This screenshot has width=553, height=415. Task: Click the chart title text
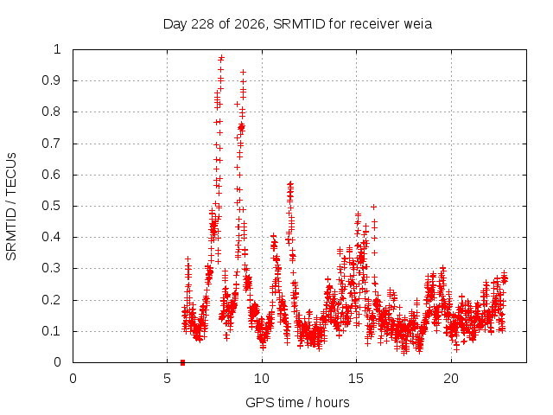click(297, 24)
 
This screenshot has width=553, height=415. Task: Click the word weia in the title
click(417, 24)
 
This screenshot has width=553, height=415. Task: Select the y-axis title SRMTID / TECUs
click(11, 206)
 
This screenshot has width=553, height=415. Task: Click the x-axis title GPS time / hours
click(297, 402)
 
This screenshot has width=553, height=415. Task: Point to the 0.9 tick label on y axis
click(52, 80)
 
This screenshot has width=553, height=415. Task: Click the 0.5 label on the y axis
click(52, 206)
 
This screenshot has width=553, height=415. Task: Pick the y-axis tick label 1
click(57, 49)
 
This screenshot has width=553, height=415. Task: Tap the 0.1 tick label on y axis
click(52, 331)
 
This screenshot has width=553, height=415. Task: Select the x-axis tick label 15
click(356, 379)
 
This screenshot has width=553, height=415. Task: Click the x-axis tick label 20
click(451, 379)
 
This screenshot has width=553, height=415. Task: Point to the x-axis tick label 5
click(167, 379)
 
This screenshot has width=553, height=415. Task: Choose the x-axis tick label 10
click(261, 379)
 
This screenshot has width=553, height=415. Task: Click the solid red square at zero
click(182, 362)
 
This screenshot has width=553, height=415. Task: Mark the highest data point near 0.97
click(221, 57)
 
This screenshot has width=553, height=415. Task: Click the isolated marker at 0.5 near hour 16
click(374, 207)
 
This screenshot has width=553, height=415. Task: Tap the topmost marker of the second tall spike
click(243, 73)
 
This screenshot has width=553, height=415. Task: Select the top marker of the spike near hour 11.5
click(290, 183)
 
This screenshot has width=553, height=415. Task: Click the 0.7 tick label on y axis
click(52, 144)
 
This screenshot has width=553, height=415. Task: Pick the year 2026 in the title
click(250, 24)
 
